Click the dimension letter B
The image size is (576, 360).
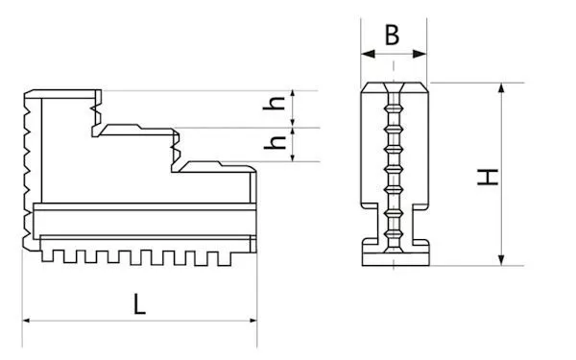click(392, 35)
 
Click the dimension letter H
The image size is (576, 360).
click(488, 177)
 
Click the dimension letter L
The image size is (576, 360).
click(139, 303)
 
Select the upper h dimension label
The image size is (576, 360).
click(275, 104)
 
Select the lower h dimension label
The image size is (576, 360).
click(276, 142)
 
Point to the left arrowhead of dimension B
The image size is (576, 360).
click(368, 54)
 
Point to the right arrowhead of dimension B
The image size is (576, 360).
click(420, 54)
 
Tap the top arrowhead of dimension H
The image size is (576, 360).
click(502, 89)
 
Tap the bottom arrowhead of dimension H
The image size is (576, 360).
click(502, 259)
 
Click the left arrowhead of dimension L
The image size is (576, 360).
click(26, 321)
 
